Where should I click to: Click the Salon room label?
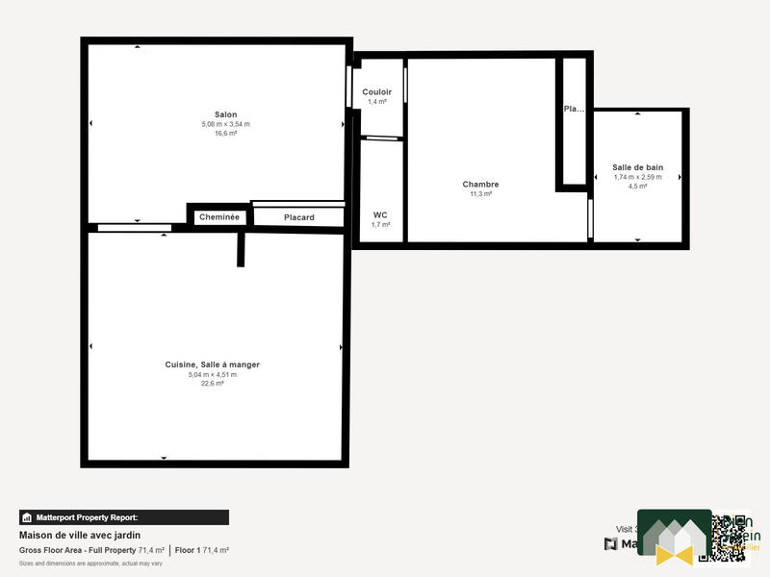(x=226, y=114)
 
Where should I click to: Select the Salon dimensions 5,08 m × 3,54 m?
(x=226, y=124)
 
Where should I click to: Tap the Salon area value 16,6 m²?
(x=226, y=134)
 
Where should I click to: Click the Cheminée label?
(x=218, y=217)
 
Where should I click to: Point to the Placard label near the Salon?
(x=298, y=217)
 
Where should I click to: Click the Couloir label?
(x=376, y=92)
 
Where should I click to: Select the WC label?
(x=380, y=214)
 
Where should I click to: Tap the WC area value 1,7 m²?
(x=380, y=224)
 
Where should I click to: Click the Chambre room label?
(x=480, y=185)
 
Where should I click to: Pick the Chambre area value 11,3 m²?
(x=480, y=194)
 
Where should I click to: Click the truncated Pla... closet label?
(x=574, y=109)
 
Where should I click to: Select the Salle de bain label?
(x=638, y=167)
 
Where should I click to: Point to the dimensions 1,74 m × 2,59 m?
(x=638, y=177)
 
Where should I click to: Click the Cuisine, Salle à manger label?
(x=213, y=364)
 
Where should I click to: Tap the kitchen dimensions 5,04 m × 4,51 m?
(x=213, y=374)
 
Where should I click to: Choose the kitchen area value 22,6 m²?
(x=213, y=383)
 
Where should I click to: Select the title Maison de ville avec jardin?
(x=80, y=535)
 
